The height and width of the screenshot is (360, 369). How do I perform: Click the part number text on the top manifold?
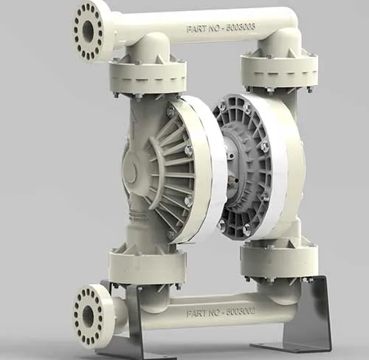(x=221, y=28)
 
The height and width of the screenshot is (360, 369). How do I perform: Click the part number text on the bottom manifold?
(x=221, y=313)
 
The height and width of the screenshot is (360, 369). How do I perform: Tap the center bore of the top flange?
(x=88, y=32)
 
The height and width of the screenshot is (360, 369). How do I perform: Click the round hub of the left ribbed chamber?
(x=130, y=168)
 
